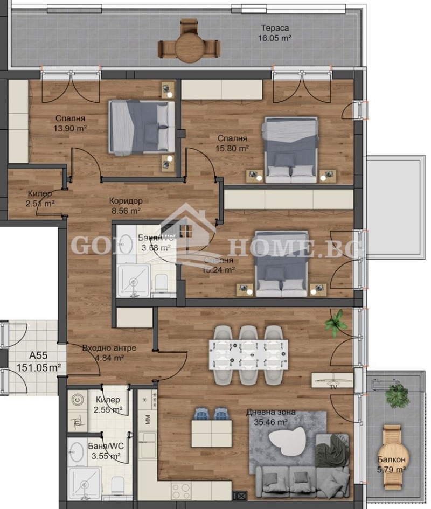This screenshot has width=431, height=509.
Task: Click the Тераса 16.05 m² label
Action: (x=276, y=34)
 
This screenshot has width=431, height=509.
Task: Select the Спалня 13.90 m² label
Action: (x=70, y=124)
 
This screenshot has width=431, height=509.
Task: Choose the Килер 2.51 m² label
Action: (x=40, y=198)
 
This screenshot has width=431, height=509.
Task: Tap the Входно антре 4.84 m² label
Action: (x=109, y=352)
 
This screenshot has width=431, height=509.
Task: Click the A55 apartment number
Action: (x=37, y=355)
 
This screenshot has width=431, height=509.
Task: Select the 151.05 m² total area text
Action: (x=37, y=367)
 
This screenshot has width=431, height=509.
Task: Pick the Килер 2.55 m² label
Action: (x=108, y=405)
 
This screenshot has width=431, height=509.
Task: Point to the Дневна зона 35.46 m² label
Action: (x=271, y=417)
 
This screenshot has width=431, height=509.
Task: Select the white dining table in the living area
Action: (x=248, y=355)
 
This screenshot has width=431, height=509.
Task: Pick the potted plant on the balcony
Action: (x=397, y=395)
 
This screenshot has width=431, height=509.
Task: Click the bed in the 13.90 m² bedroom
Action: (x=142, y=127)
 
